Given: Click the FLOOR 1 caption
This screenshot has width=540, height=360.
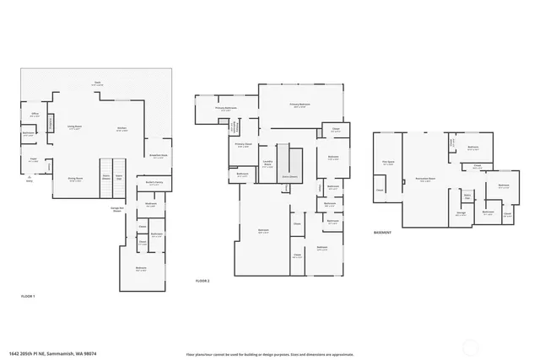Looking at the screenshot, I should click(28, 297).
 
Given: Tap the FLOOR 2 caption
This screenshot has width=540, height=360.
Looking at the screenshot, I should click(202, 280).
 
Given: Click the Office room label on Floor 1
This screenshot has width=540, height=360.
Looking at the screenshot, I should click(35, 114).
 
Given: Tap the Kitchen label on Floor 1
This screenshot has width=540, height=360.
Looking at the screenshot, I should click(121, 129).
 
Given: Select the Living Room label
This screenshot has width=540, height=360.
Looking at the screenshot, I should click(74, 127).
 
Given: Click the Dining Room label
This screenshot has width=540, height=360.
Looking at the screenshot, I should click(74, 179).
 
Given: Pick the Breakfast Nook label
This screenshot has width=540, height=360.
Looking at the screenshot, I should click(159, 155).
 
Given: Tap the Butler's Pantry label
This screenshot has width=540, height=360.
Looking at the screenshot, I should click(154, 182).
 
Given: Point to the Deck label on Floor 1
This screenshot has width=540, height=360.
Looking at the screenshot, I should click(98, 83).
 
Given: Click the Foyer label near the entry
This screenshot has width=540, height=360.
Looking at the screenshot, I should click(34, 158).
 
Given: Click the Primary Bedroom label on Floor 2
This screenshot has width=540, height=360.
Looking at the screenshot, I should click(300, 106).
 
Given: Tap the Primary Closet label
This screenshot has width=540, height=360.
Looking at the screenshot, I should click(243, 144).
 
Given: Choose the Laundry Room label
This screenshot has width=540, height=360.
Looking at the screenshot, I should click(267, 165).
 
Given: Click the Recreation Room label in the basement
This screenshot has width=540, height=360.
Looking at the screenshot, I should click(425, 179).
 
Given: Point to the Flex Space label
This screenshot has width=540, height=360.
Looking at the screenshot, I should click(387, 164).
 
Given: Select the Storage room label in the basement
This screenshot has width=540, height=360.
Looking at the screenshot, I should click(462, 212).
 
